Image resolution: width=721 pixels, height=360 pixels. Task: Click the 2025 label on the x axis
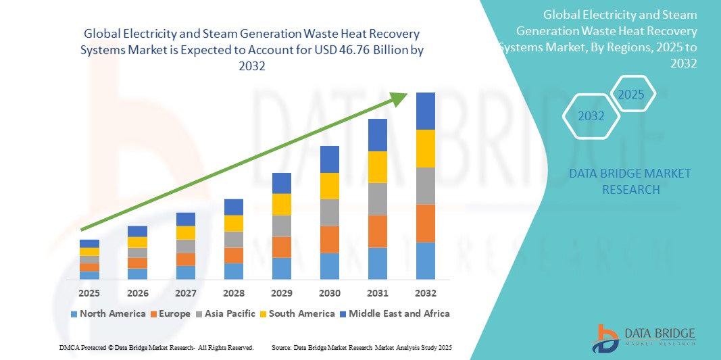89,293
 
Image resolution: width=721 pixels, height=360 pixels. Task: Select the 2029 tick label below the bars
282,293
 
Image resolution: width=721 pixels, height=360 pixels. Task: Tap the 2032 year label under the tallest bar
426,293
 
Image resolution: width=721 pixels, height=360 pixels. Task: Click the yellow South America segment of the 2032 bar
426,149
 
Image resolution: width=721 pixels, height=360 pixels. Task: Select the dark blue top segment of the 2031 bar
378,135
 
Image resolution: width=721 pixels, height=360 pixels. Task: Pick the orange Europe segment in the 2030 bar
330,239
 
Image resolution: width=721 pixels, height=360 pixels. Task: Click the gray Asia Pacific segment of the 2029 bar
282,226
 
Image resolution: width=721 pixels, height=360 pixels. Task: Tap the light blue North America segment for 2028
234,271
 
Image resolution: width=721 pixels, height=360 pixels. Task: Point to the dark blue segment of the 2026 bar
137,231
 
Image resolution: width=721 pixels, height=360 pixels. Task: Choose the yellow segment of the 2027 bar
186,233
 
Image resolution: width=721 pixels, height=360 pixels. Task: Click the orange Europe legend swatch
154,314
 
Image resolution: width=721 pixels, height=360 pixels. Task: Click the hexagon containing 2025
632,95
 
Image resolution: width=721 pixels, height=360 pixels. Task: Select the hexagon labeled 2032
591,116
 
